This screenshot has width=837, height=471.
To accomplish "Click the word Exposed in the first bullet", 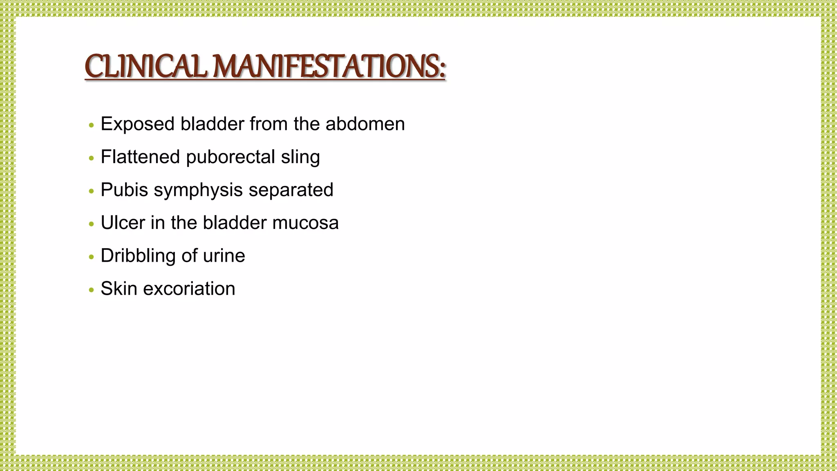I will pyautogui.click(x=138, y=124).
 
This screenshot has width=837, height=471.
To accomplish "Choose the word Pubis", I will pyautogui.click(x=124, y=190).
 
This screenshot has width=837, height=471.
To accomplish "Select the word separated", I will pyautogui.click(x=291, y=190).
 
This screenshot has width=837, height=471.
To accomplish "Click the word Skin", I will pyautogui.click(x=119, y=289).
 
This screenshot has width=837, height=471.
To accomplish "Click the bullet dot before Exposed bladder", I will pyautogui.click(x=92, y=125).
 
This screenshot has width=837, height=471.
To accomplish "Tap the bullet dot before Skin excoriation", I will pyautogui.click(x=92, y=290).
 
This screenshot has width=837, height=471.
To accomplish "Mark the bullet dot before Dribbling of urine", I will pyautogui.click(x=92, y=257).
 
